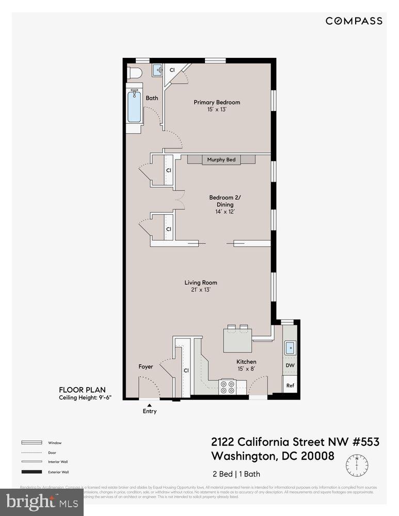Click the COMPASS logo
pos(354,21)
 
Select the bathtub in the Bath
pos(135,107)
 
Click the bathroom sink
pos(158,70)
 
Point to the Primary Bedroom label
pos(217,102)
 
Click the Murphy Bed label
pos(221,160)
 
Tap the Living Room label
pos(201,282)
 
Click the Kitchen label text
pos(246,362)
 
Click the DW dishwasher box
pos(290,366)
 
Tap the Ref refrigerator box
pos(290,385)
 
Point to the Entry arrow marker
pos(149,405)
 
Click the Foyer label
pos(146,367)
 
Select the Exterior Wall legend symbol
pos(32,472)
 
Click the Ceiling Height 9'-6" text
pos(85,397)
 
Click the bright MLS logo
pos(41,502)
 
